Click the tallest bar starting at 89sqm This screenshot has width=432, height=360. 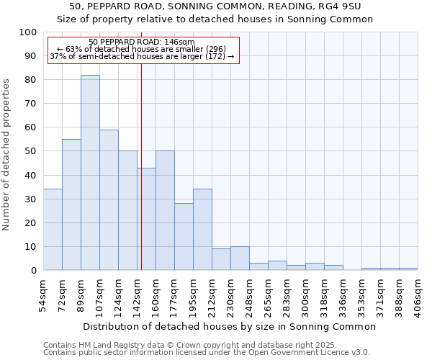90,173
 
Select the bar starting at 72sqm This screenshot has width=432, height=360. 71,204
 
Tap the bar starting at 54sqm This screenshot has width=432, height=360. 53,230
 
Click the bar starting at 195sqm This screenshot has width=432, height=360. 202,230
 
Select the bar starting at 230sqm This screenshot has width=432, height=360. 240,258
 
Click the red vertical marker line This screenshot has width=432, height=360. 141,180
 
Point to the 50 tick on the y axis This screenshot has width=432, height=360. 31,151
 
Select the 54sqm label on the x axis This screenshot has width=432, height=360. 44,294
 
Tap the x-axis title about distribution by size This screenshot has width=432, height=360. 229,327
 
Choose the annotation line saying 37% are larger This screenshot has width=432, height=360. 142,56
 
